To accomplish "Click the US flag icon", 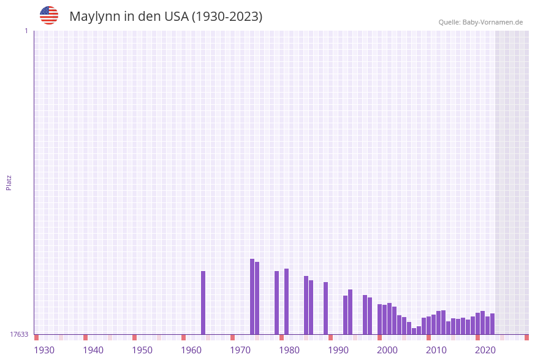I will pos(49,15).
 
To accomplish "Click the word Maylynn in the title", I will pos(94,17).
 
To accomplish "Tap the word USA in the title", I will pos(176,17).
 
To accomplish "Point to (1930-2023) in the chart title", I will pos(227,17).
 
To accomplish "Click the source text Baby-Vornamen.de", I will pos(493,22).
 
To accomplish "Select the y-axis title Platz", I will pos(9,182).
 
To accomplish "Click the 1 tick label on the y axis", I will pos(26,31).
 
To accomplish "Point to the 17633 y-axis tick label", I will pos(19,334).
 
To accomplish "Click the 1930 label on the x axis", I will pos(44,350).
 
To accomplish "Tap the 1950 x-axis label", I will pos(142,350).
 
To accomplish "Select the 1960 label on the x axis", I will pos(191,350).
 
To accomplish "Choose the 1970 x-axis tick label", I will pos(240,350).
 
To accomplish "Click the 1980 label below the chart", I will pos(289,350).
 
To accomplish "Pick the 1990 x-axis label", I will pos(338,350).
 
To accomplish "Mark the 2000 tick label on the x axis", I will pos(387,350).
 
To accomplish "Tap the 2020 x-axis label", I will pos(485,350).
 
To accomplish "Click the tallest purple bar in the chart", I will pos(252,297).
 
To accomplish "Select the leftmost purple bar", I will pos(203,303).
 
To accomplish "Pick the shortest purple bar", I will pos(414,331).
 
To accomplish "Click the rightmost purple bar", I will pos(492,324).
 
